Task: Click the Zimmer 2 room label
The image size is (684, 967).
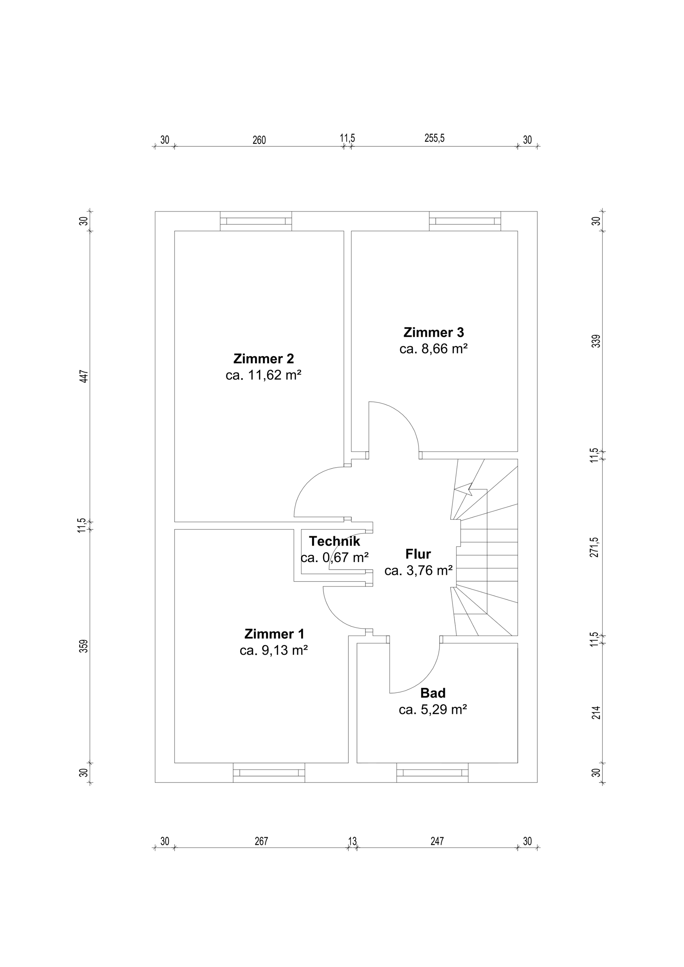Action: (264, 359)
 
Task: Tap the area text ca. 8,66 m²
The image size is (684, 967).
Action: (434, 349)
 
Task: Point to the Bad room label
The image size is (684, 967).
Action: (433, 693)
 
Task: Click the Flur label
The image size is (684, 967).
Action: (418, 554)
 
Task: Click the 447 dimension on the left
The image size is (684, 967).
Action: (84, 376)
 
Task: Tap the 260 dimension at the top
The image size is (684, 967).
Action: (259, 140)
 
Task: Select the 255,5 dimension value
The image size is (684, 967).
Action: (435, 138)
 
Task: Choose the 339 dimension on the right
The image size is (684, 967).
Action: (596, 341)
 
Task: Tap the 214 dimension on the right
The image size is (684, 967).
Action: (596, 712)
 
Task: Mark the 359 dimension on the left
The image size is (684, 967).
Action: (84, 646)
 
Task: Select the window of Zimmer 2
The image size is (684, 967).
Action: (256, 221)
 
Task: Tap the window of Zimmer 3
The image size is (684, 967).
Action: (465, 221)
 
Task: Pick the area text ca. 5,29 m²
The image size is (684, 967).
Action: (433, 709)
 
